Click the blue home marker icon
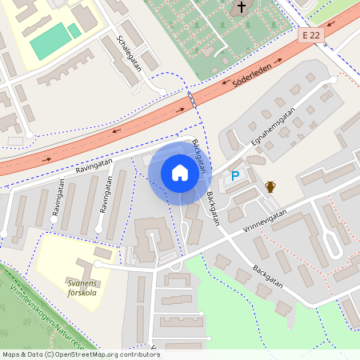[180, 173]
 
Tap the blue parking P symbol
[235, 175]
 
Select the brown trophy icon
[270, 186]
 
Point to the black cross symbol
[242, 8]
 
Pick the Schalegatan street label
[129, 53]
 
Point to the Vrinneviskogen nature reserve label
[40, 314]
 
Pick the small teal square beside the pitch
[74, 31]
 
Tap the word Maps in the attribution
[11, 354]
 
